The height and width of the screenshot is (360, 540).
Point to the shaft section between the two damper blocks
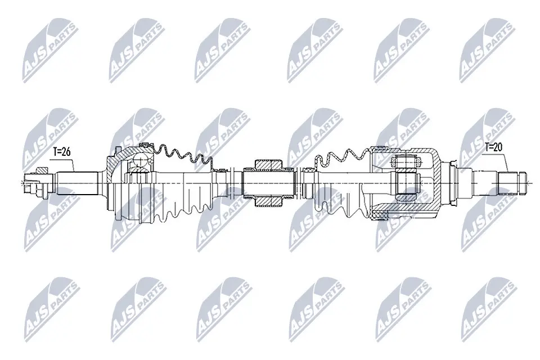click(268, 181)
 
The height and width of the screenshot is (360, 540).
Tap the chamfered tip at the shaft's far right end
click(521, 182)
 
